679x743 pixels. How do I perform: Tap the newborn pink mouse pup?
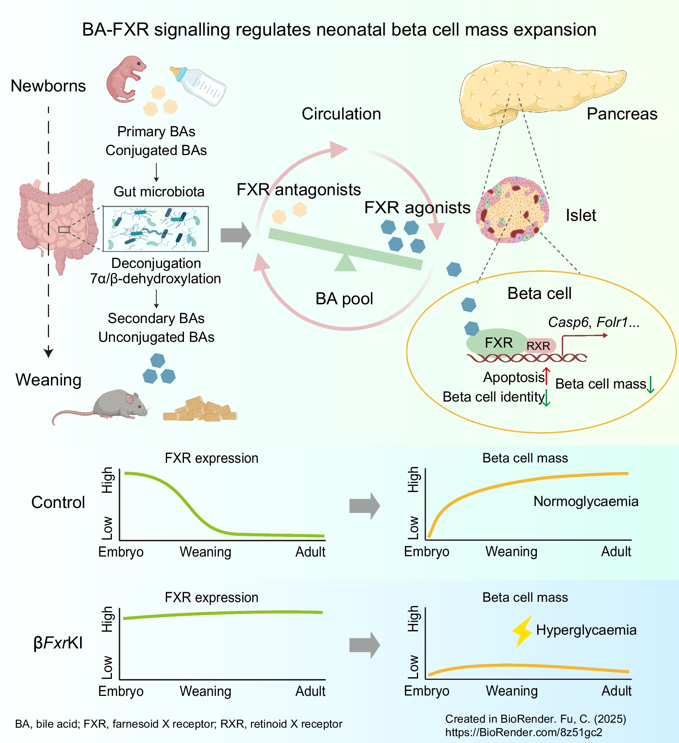(x=125, y=78)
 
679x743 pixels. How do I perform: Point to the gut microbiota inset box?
(x=156, y=229)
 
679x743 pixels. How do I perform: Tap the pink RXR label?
(x=539, y=346)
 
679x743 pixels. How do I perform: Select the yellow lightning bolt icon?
(x=522, y=631)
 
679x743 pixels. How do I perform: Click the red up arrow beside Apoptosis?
(x=546, y=376)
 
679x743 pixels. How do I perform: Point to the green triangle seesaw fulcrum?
(x=346, y=263)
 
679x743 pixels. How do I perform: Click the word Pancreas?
(x=622, y=114)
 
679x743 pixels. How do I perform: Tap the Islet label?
(x=581, y=215)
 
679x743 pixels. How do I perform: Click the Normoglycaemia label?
(x=586, y=501)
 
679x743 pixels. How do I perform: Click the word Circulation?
(x=341, y=114)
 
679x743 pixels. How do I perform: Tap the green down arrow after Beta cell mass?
(x=651, y=385)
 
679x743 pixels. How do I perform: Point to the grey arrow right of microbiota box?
(x=235, y=235)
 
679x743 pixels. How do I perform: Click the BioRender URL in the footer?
(x=523, y=732)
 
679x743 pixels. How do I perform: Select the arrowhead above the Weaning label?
(x=48, y=352)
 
